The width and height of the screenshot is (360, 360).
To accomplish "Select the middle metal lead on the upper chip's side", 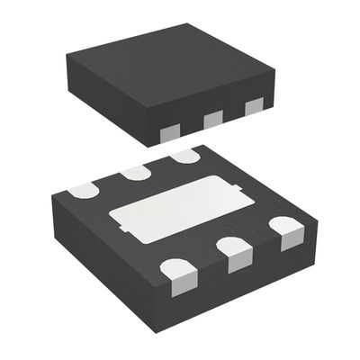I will [x=212, y=118].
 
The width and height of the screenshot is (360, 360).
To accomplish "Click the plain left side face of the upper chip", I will [x=103, y=103].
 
